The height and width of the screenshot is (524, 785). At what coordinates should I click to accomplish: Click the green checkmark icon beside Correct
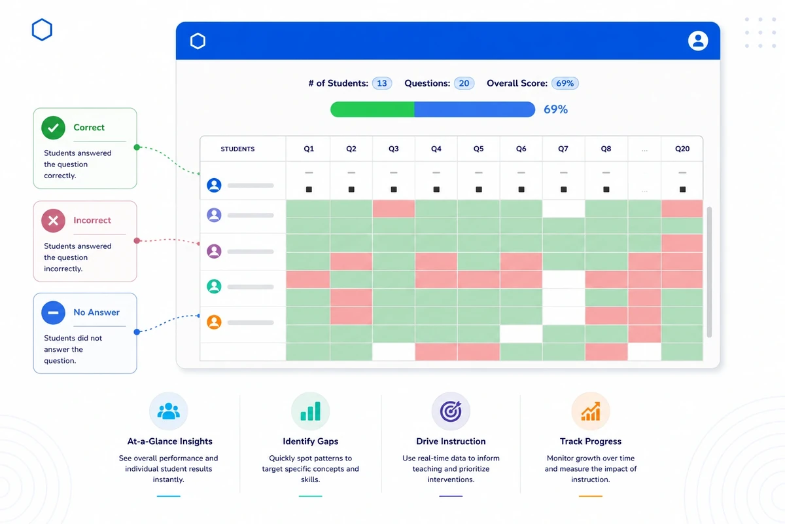click(x=53, y=128)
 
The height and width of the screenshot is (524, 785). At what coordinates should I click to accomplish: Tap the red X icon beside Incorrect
click(x=53, y=221)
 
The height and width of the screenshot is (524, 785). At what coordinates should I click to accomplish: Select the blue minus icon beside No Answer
click(x=53, y=312)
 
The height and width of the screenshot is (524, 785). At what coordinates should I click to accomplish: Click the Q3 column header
click(x=394, y=149)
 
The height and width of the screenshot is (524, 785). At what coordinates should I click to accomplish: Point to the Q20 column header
click(x=682, y=149)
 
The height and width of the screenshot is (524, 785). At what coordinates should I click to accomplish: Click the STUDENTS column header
click(x=237, y=149)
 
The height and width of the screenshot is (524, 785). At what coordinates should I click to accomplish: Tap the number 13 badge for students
click(x=382, y=83)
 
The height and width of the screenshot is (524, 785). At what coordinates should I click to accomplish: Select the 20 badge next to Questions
click(x=464, y=83)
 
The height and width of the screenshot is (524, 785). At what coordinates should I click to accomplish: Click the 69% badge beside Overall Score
click(x=565, y=83)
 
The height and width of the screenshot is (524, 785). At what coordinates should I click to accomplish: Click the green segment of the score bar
click(x=372, y=109)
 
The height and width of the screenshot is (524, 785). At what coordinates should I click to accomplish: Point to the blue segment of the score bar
click(x=474, y=109)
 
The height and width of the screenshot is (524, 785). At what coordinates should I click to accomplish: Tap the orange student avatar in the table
click(x=214, y=322)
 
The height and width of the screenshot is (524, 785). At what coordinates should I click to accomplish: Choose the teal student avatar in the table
click(x=214, y=286)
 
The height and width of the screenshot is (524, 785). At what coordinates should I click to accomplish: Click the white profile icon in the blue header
click(x=698, y=41)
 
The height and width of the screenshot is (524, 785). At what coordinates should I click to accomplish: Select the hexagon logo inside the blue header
click(x=198, y=41)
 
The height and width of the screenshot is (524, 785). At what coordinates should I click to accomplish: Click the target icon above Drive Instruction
click(x=451, y=411)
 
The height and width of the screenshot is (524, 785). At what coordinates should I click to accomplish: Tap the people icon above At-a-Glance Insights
click(x=169, y=411)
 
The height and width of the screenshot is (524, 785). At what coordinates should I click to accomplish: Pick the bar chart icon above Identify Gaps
click(x=311, y=411)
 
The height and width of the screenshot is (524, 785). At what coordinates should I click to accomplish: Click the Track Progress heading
click(x=591, y=441)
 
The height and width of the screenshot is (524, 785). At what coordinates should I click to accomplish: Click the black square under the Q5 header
click(x=479, y=189)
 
